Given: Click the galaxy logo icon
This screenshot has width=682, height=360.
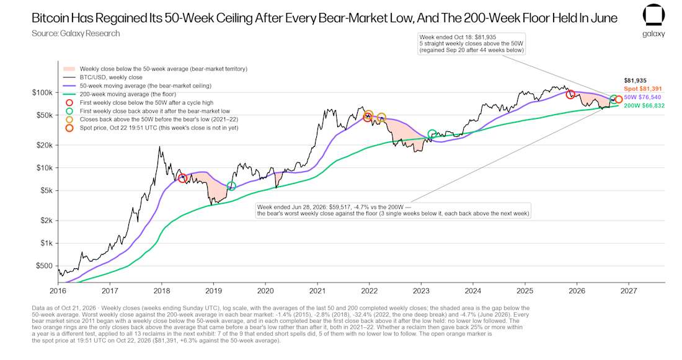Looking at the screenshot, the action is pyautogui.click(x=653, y=15).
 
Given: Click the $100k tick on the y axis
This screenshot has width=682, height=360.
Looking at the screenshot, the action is pyautogui.click(x=42, y=92).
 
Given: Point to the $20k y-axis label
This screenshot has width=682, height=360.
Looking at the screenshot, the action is pyautogui.click(x=45, y=145).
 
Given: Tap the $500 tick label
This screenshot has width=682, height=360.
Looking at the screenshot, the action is pyautogui.click(x=45, y=266).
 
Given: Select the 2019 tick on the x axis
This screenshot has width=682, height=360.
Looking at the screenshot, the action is pyautogui.click(x=213, y=291).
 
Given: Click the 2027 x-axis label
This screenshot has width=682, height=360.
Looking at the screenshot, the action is pyautogui.click(x=629, y=291).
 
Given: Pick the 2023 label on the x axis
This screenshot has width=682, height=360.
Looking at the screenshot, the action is pyautogui.click(x=421, y=291).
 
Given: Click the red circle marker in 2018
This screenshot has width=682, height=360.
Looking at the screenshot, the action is pyautogui.click(x=183, y=178).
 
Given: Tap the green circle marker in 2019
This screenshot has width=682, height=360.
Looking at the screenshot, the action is pyautogui.click(x=232, y=186).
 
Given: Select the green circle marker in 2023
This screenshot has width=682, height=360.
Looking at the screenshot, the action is pyautogui.click(x=432, y=134).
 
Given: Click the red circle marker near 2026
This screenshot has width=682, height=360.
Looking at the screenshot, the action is pyautogui.click(x=570, y=94).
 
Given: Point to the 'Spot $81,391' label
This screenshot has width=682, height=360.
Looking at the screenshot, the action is pyautogui.click(x=643, y=89).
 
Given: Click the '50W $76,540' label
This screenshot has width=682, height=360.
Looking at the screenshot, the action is pyautogui.click(x=642, y=97).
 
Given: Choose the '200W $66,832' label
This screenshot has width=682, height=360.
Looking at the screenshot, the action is pyautogui.click(x=644, y=106).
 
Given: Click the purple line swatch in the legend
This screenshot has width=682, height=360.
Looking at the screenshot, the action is pyautogui.click(x=69, y=86).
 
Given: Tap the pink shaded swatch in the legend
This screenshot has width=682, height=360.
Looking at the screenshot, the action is pyautogui.click(x=69, y=69).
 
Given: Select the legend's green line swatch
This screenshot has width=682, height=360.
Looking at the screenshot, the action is pyautogui.click(x=69, y=94).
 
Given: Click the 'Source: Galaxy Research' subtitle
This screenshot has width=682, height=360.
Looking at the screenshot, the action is pyautogui.click(x=76, y=33).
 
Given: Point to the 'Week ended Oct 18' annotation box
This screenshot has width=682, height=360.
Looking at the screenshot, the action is pyautogui.click(x=471, y=43).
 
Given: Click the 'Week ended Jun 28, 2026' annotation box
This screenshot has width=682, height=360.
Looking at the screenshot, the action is pyautogui.click(x=393, y=210).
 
